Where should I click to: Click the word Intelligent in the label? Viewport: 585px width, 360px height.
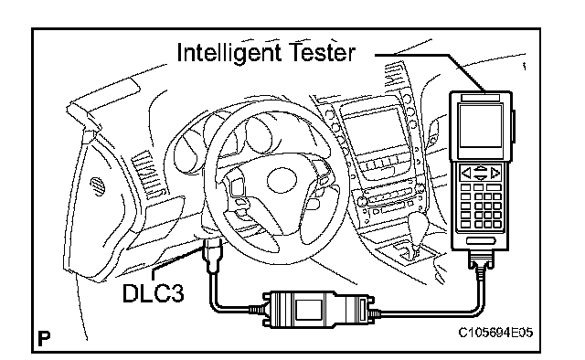[229, 53]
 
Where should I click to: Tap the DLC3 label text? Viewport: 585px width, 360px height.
[153, 293]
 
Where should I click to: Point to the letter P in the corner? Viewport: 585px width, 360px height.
[44, 339]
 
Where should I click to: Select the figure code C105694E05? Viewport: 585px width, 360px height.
[495, 332]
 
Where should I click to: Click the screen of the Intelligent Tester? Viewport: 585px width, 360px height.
[481, 126]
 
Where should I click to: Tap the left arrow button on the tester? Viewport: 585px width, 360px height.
[466, 173]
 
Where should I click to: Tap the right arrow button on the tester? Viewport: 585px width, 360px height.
[495, 173]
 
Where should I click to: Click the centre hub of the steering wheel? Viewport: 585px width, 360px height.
[282, 181]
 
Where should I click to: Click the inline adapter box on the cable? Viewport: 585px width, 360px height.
[318, 310]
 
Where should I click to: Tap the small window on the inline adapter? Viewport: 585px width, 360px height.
[309, 310]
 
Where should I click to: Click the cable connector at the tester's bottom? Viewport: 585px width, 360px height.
[481, 259]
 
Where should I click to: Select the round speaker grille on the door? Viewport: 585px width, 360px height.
[97, 185]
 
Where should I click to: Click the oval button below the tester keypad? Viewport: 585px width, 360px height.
[481, 240]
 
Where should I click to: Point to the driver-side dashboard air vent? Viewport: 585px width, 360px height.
[147, 173]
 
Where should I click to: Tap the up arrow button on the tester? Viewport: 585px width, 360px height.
[481, 168]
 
